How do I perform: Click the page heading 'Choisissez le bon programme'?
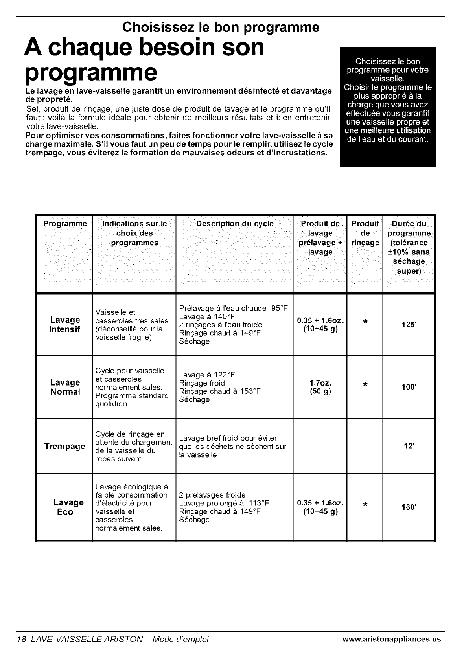click(x=221, y=27)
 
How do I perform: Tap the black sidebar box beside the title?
click(x=388, y=107)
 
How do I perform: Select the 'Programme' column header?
click(x=64, y=224)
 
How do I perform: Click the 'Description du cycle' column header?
click(x=234, y=224)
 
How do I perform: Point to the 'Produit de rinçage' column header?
click(x=365, y=233)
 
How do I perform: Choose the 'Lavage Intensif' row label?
click(x=64, y=324)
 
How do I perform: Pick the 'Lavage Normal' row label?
click(x=65, y=387)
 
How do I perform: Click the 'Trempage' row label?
click(x=64, y=446)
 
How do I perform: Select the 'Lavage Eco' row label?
click(x=68, y=507)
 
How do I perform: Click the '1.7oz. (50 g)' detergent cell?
click(x=320, y=387)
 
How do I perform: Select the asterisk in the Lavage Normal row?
click(x=365, y=384)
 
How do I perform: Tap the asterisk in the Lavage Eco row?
click(x=365, y=504)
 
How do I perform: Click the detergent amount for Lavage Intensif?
click(x=320, y=324)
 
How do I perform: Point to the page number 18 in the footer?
click(x=21, y=639)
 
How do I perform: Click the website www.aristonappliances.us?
click(x=392, y=639)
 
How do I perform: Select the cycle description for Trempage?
click(x=233, y=446)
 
